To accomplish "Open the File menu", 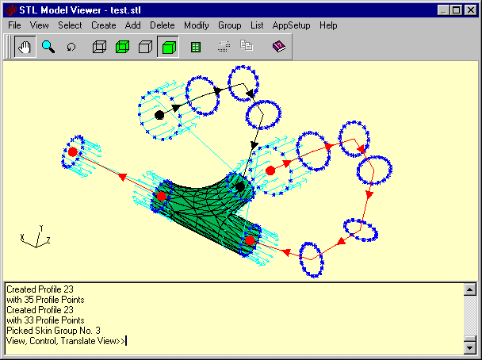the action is pyautogui.click(x=14, y=25).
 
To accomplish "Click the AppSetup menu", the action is pyautogui.click(x=291, y=25).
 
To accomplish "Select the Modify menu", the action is pyautogui.click(x=197, y=25).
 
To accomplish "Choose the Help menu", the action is pyautogui.click(x=328, y=25).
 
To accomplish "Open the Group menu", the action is pyautogui.click(x=230, y=25).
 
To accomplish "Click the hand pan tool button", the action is pyautogui.click(x=25, y=47).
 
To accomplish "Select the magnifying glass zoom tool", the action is pyautogui.click(x=48, y=47).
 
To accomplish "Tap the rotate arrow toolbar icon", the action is pyautogui.click(x=71, y=47).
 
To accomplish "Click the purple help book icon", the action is pyautogui.click(x=279, y=47).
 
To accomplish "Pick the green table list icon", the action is pyautogui.click(x=196, y=47).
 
